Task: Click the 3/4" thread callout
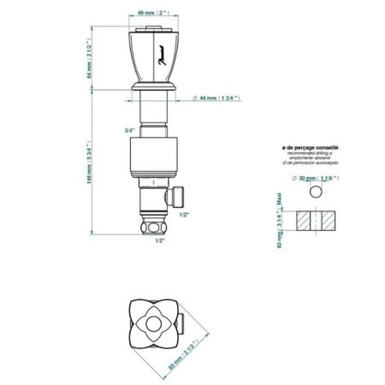click(x=129, y=130)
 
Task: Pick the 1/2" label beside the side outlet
click(x=184, y=215)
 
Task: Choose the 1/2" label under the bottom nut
click(x=159, y=240)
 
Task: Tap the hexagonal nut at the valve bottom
click(x=155, y=227)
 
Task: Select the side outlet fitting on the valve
click(x=177, y=198)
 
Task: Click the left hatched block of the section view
click(x=305, y=220)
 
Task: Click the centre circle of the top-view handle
click(x=155, y=324)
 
